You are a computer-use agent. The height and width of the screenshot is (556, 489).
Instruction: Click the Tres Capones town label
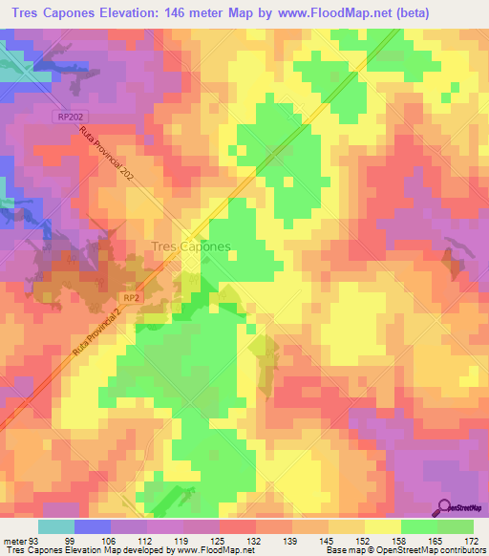(x=191, y=246)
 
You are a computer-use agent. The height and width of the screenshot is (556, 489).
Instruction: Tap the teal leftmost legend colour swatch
(x=55, y=526)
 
